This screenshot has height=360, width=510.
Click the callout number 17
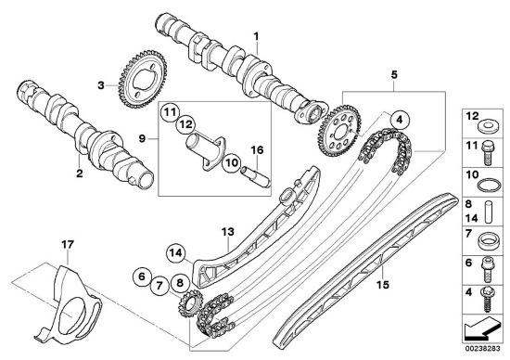[68, 244]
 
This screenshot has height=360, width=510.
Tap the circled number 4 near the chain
[400, 120]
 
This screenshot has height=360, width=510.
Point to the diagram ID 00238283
[482, 349]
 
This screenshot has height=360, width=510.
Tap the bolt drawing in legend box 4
[487, 300]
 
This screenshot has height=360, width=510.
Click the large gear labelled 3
[143, 80]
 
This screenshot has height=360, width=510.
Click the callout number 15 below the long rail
[383, 285]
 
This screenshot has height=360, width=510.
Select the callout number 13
[228, 232]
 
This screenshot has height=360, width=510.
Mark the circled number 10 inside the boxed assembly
[232, 162]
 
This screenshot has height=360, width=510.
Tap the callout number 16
[257, 150]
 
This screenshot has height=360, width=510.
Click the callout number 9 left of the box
[142, 138]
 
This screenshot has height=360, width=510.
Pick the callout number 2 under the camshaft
[80, 174]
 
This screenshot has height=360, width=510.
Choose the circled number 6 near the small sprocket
[142, 276]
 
